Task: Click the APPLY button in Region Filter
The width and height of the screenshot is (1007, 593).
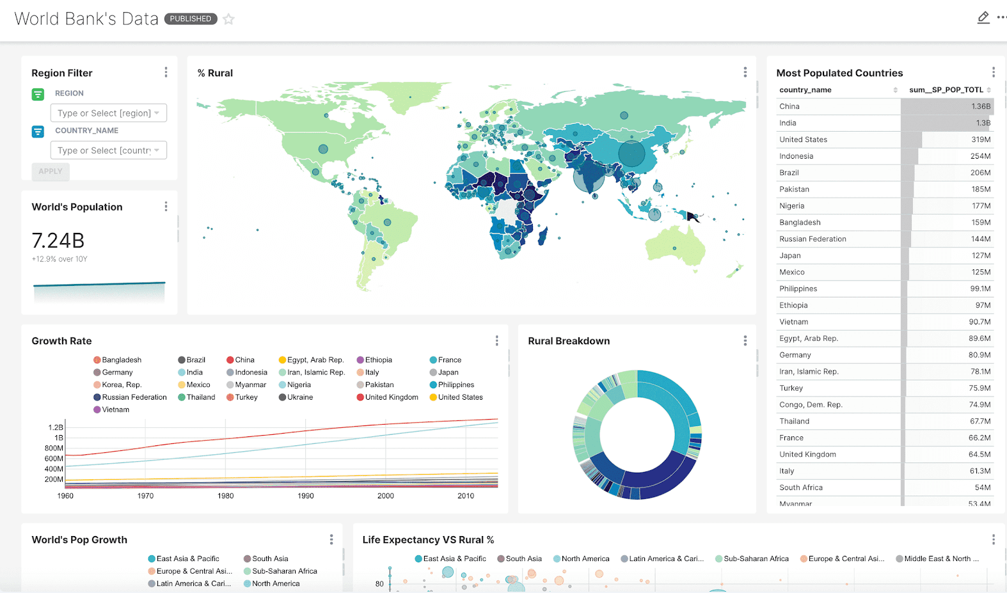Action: pos(51,171)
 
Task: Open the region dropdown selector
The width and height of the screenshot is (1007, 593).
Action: pos(108,113)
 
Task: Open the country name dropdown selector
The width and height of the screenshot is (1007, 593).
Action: pos(108,150)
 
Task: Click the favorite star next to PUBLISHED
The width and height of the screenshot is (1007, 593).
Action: pos(228,19)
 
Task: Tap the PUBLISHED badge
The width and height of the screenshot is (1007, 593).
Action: pos(191,19)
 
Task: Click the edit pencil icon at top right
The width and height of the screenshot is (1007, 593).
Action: pos(983,18)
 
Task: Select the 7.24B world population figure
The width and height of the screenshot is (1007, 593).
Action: pos(58,241)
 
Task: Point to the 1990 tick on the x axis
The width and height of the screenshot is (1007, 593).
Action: pos(306,496)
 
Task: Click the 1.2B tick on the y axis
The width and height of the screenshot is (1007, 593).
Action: pos(56,427)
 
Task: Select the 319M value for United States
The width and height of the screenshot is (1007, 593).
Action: pos(980,139)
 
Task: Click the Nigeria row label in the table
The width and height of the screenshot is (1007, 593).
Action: pos(791,206)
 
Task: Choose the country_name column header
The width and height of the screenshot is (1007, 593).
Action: pos(805,90)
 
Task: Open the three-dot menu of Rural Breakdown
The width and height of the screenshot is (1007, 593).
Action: pos(745,341)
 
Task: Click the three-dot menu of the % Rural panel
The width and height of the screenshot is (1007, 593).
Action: pos(745,72)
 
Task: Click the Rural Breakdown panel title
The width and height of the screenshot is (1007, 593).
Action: pos(569,341)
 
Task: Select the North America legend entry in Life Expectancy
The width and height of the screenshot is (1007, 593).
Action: pos(585,559)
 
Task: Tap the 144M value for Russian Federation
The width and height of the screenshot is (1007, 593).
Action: pos(980,239)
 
